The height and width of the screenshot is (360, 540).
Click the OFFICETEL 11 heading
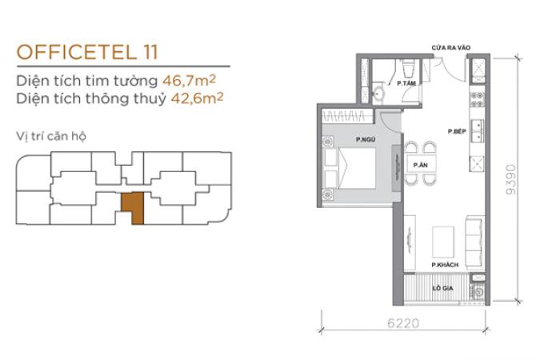(x=87, y=52)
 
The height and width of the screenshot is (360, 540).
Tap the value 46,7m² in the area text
(x=189, y=81)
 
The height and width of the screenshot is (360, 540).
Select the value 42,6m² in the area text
(x=197, y=98)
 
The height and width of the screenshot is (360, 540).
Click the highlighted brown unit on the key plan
(x=133, y=208)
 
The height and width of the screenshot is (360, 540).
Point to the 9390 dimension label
(x=511, y=179)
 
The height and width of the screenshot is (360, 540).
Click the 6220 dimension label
(x=403, y=323)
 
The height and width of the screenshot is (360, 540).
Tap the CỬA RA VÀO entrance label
(x=451, y=47)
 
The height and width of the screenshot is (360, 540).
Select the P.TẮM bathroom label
(x=406, y=83)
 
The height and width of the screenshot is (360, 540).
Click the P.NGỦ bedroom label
(x=366, y=139)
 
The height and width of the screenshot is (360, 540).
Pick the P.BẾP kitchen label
(x=457, y=131)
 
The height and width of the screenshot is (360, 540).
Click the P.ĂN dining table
(x=421, y=165)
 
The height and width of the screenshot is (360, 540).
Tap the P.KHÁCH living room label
(x=445, y=265)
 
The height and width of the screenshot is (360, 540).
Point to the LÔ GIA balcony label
(x=442, y=288)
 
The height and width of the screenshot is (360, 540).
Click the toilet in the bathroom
(x=409, y=69)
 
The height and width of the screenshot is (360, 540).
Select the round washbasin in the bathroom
(x=379, y=94)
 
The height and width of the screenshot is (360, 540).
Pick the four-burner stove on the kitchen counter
(x=477, y=99)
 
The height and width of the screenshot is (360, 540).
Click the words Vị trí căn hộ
(x=51, y=136)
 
